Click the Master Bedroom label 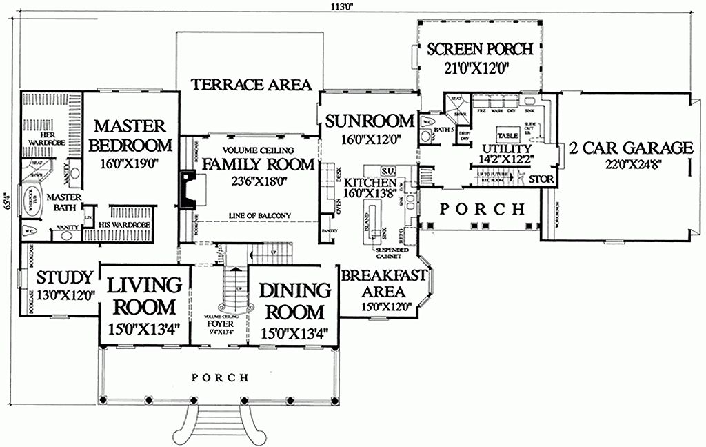pos(130,136)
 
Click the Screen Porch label pos(479,50)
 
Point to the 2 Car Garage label pos(630,147)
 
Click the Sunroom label pos(370,120)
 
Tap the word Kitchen pos(370,182)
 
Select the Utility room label pos(507,148)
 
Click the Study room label pos(64,277)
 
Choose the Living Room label pos(144,295)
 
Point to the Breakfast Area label pos(383,283)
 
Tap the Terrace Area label pos(251,84)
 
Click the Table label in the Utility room pos(508,136)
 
